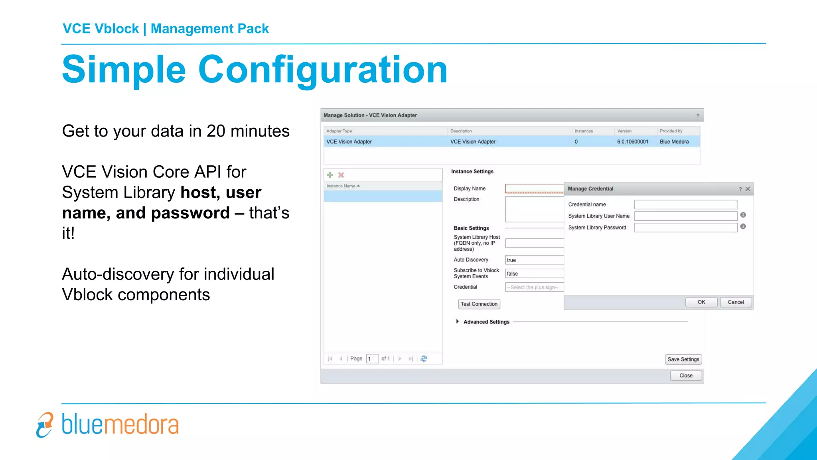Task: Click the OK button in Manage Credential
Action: [701, 302]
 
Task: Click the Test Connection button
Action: [479, 304]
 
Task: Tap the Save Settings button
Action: [683, 359]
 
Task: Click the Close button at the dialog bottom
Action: [686, 376]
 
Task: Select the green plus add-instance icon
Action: [330, 175]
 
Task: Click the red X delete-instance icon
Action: [341, 175]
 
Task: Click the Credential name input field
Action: [686, 204]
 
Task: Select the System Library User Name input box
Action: [686, 216]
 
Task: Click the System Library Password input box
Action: [686, 228]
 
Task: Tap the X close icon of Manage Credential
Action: [748, 189]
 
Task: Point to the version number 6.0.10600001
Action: [632, 142]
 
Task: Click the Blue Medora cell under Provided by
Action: [674, 142]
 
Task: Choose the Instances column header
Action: [584, 131]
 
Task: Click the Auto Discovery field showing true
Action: [534, 260]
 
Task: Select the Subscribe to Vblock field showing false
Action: [534, 274]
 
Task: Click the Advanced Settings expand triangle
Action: [458, 321]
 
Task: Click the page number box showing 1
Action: [372, 359]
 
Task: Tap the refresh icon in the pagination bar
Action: [424, 359]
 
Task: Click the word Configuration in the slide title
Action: [322, 70]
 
